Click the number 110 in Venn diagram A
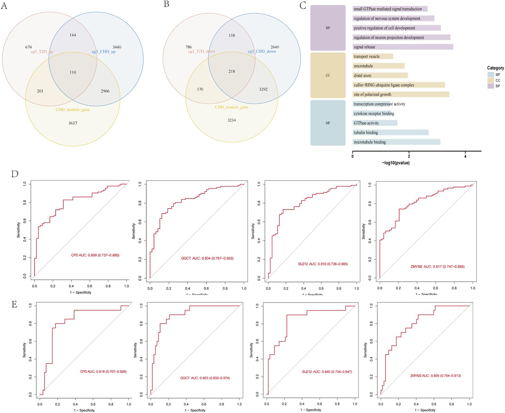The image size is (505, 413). click(x=73, y=72)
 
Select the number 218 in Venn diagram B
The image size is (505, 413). click(x=232, y=71)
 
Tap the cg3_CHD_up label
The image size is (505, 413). click(x=103, y=52)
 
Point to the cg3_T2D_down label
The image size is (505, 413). click(x=201, y=51)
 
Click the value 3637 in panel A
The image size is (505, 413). click(x=73, y=123)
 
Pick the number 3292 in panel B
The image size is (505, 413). click(x=263, y=89)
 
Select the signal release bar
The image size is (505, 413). click(x=402, y=47)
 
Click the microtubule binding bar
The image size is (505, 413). click(x=396, y=142)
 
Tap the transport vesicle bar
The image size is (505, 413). click(x=373, y=56)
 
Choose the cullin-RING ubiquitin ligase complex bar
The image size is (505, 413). click(x=398, y=85)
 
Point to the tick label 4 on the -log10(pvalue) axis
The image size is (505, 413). click(x=465, y=156)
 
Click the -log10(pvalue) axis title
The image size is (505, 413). click(x=396, y=163)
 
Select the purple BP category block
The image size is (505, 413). click(x=328, y=28)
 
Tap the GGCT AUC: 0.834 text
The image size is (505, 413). click(x=207, y=258)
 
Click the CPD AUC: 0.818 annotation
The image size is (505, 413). click(x=103, y=372)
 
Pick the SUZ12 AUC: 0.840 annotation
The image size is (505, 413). click(x=327, y=372)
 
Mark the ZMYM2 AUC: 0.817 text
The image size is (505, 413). click(x=437, y=266)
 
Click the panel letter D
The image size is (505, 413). click(x=15, y=174)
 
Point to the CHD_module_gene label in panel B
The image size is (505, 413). click(x=231, y=107)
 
